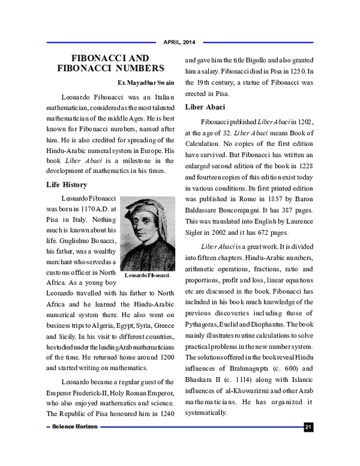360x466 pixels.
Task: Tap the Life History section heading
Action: tap(67, 184)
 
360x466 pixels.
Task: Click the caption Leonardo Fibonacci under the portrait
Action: tap(147, 275)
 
